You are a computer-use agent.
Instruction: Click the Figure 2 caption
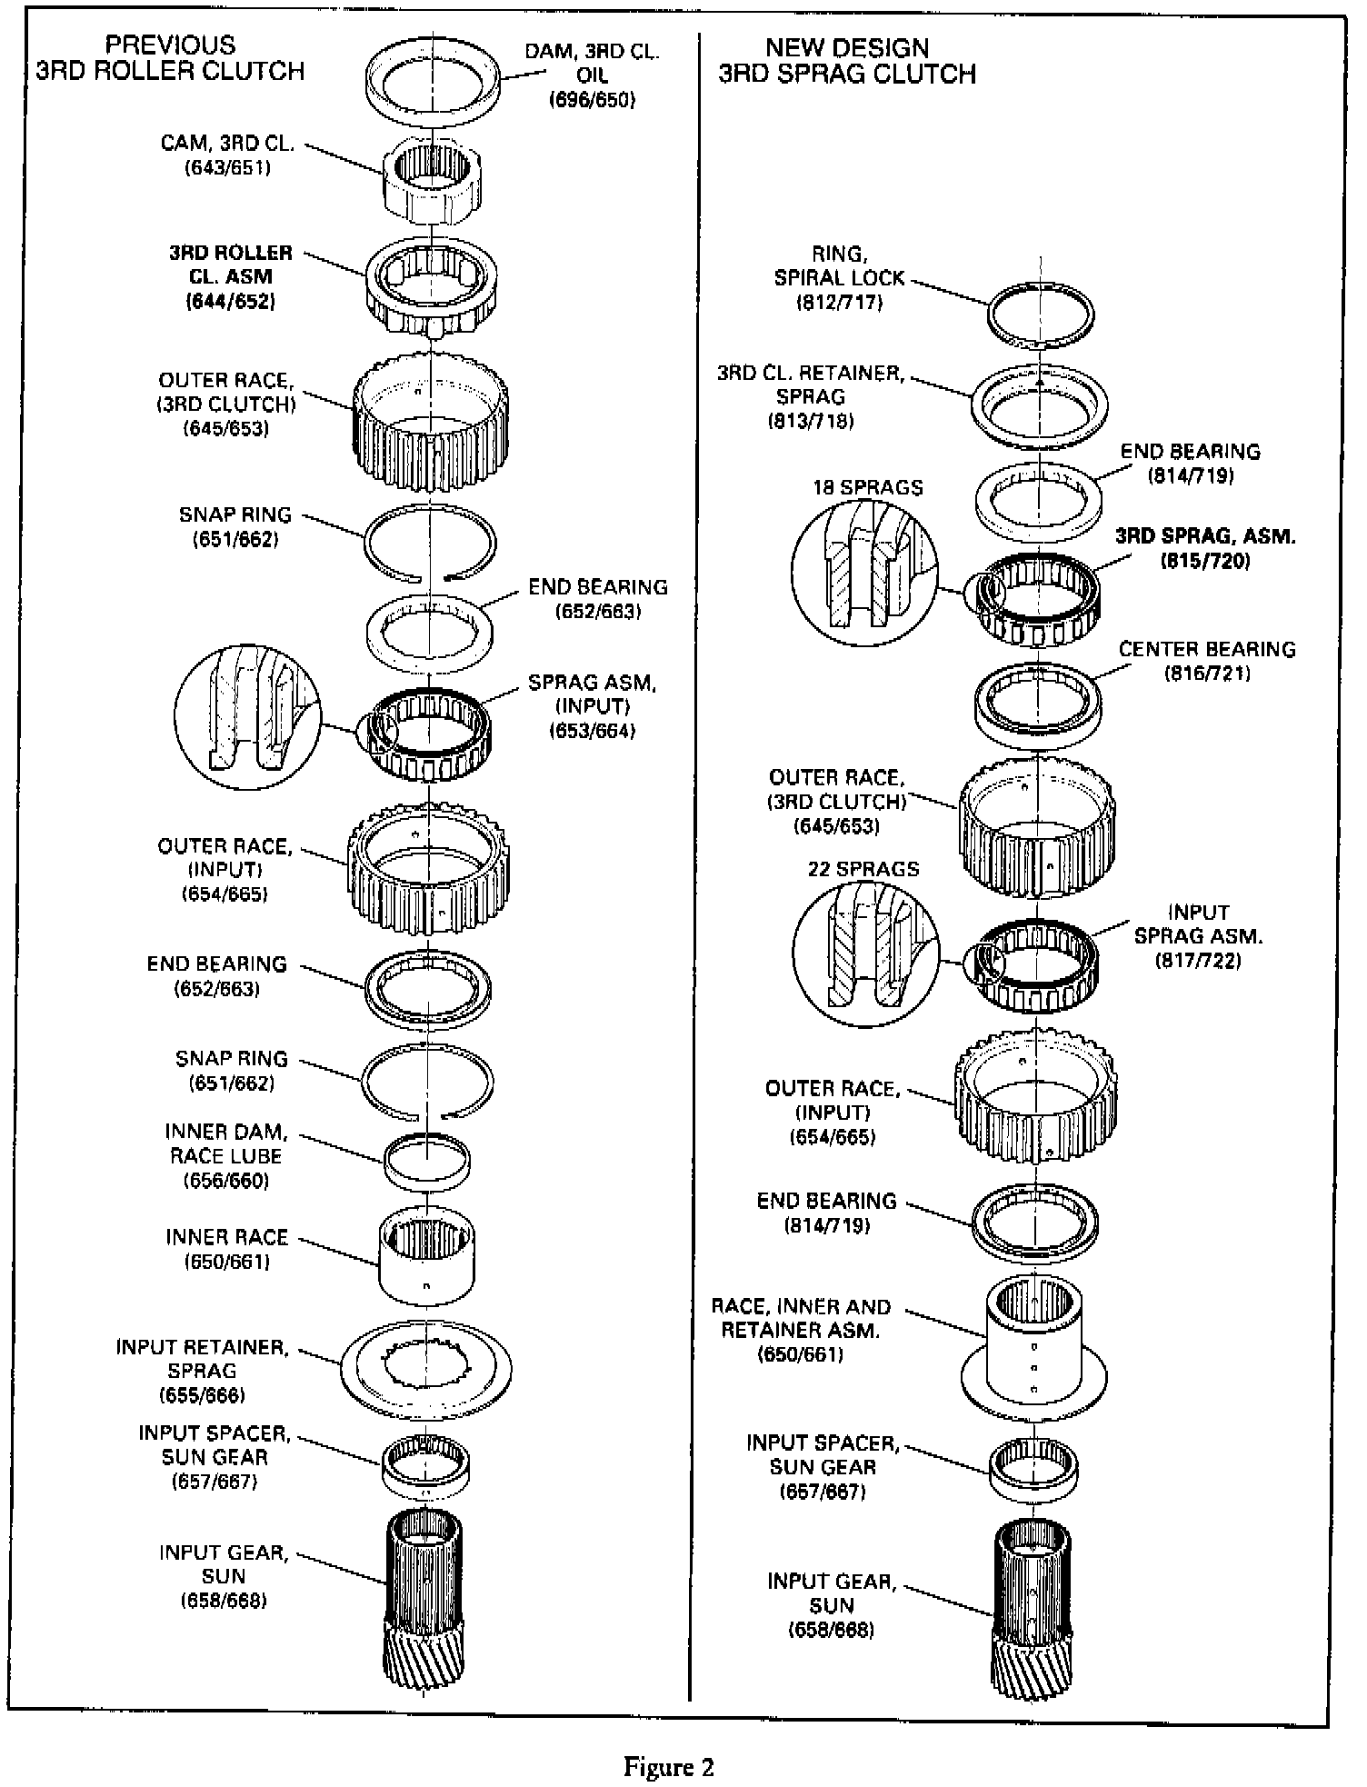tap(668, 1767)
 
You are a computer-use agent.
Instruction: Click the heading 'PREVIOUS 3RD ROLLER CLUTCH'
tap(170, 58)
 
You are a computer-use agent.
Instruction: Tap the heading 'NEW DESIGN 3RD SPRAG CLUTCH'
tap(847, 61)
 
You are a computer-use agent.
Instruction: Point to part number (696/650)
tap(592, 100)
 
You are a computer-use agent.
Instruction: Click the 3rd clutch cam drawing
tap(433, 181)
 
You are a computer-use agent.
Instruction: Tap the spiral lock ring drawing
tap(1040, 313)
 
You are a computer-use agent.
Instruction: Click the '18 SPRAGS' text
tap(867, 487)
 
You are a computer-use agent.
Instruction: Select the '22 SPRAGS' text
tap(863, 869)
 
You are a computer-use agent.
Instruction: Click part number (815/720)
tap(1205, 561)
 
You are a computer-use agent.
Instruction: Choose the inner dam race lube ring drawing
tap(427, 1161)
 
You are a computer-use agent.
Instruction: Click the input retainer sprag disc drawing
tap(426, 1367)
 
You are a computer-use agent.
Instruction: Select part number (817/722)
tap(1198, 960)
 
